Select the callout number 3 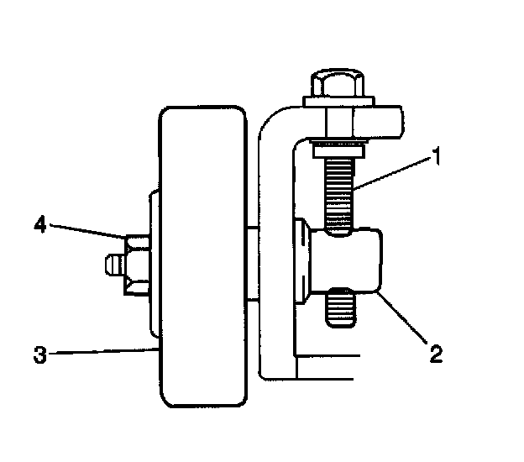click(39, 354)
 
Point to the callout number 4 click(39, 224)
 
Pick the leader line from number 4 click(88, 233)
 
